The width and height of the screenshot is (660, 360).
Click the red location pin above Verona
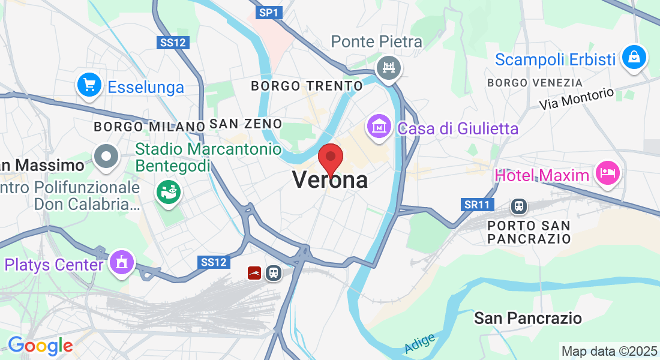tap(330, 157)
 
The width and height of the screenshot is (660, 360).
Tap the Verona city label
tap(330, 179)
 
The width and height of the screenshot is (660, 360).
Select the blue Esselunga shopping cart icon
tap(89, 86)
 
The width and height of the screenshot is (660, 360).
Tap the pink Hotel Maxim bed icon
tap(607, 174)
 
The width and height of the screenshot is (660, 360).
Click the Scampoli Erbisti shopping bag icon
tap(634, 58)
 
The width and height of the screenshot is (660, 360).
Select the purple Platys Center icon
tap(122, 262)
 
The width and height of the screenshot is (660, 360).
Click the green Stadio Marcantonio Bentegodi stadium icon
tap(168, 191)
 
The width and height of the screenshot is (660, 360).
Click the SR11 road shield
tap(477, 205)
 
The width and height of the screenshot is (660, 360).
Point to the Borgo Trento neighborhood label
tap(307, 86)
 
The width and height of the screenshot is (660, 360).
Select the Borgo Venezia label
tap(535, 82)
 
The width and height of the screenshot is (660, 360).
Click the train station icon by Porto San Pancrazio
tap(518, 206)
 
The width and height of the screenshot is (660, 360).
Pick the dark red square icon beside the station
tap(254, 273)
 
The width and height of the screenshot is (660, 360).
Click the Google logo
tap(40, 346)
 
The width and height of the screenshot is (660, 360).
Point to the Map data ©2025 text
tap(609, 351)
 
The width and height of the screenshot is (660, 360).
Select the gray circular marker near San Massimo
tap(107, 157)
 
